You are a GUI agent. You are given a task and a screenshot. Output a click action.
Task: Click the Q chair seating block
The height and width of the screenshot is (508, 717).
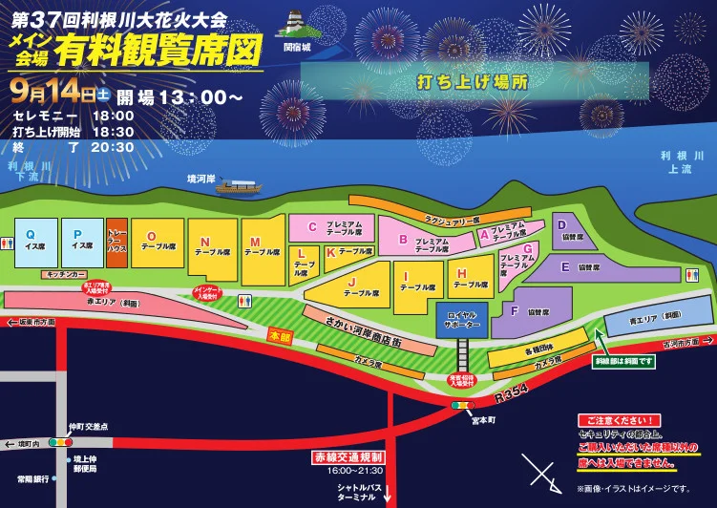35,241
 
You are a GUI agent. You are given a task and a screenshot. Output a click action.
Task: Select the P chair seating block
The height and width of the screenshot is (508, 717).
83,241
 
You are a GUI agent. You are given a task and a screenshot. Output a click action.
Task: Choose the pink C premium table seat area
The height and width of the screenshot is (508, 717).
327,227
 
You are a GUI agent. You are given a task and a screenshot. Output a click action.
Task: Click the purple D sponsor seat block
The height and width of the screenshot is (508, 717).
575,231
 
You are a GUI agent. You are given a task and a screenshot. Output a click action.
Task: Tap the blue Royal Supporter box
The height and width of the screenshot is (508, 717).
461,321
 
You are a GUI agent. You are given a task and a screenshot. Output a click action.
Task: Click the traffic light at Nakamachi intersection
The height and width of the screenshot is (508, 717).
62,443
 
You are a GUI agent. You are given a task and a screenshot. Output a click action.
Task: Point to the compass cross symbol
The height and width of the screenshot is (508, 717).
542,473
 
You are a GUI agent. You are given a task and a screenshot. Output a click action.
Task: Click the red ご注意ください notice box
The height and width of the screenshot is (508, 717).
620,420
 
